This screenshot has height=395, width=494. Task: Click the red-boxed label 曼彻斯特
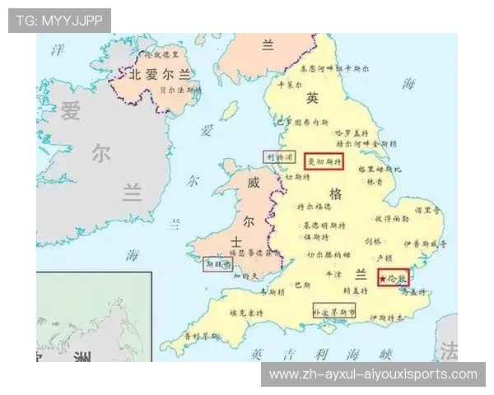click(x=323, y=162)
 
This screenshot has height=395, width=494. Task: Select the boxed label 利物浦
click(x=279, y=156)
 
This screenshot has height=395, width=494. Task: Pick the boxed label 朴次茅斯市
click(x=333, y=312)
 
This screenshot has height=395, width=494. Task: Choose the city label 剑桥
click(x=373, y=241)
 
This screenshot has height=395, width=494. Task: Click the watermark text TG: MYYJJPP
click(x=59, y=20)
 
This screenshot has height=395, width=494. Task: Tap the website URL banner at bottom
click(x=373, y=375)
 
